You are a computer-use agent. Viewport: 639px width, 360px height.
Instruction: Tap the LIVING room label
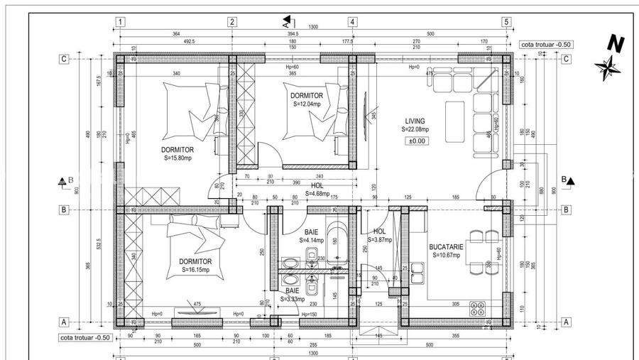point(415,121)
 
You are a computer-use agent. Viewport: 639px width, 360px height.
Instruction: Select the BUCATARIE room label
point(446,247)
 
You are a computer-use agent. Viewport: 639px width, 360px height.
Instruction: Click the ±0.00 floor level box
point(415,141)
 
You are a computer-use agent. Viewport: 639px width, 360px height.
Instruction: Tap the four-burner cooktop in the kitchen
point(478,310)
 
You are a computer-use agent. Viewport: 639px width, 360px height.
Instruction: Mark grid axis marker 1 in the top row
point(121,22)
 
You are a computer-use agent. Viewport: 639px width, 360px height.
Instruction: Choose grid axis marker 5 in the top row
point(506,22)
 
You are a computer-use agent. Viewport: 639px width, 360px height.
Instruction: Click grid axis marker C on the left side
point(64,59)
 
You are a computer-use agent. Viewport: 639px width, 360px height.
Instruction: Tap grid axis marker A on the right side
point(566,322)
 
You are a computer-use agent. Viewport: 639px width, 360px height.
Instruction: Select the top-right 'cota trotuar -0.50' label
point(545,44)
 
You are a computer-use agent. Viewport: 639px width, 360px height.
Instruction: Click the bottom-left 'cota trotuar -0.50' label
point(84,337)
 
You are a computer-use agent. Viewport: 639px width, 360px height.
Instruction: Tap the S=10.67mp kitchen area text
point(446,256)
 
